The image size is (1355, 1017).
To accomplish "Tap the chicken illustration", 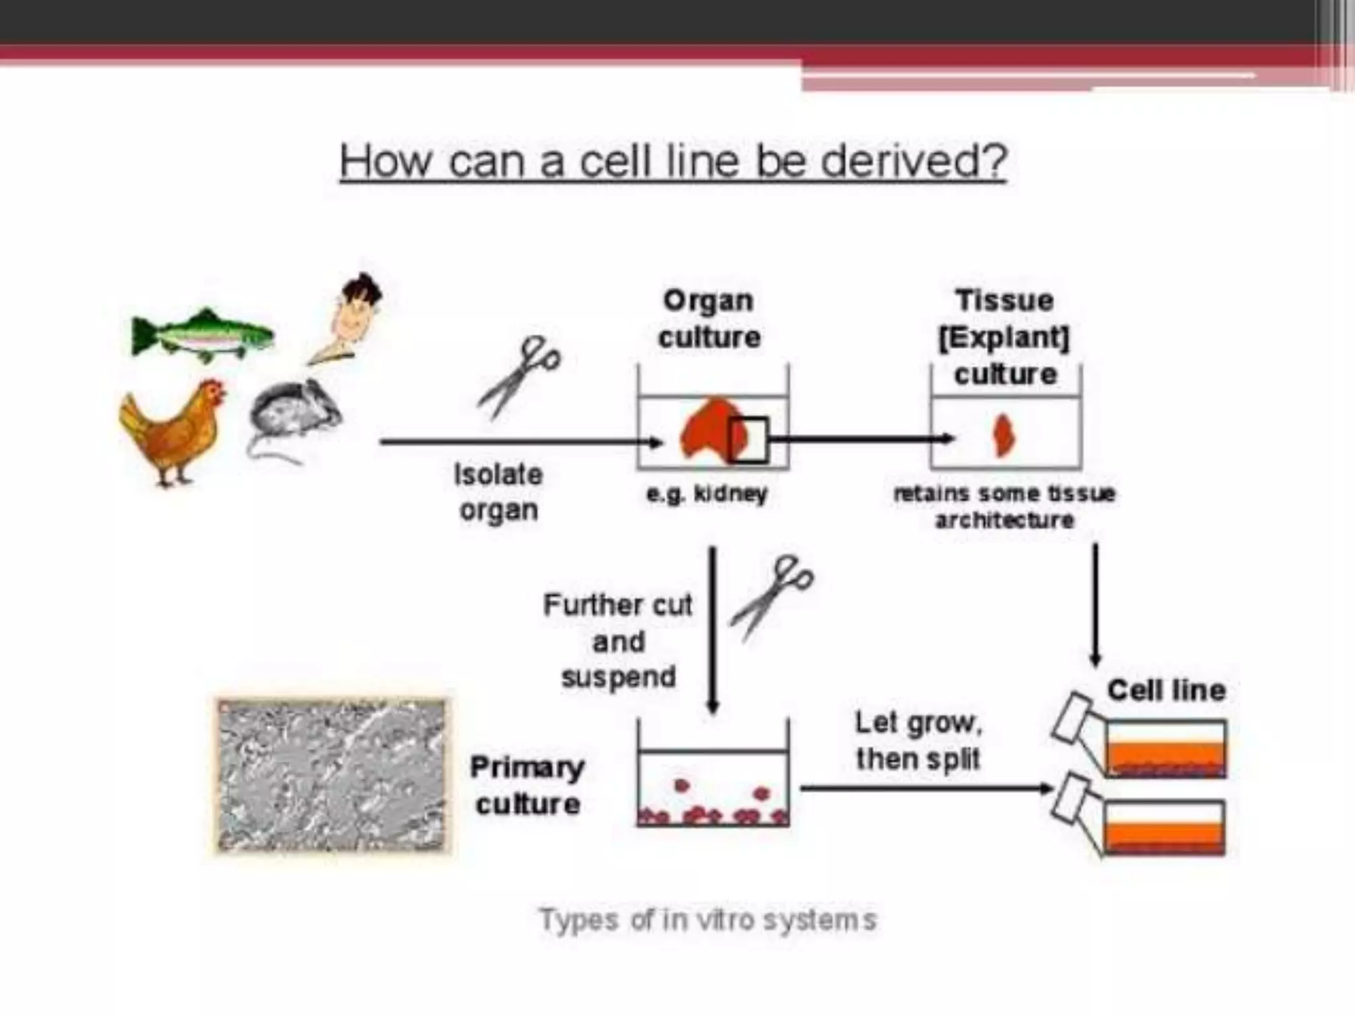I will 173,430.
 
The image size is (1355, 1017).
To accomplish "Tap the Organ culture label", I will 709,319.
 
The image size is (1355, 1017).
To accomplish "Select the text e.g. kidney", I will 707,494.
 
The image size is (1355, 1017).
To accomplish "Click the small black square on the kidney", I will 749,439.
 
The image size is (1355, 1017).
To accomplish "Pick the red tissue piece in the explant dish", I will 1004,435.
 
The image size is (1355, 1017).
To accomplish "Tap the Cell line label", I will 1166,691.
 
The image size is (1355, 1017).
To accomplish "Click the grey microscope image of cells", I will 332,775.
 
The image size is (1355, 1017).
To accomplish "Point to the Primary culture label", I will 527,786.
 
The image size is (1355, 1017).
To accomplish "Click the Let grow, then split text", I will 918,740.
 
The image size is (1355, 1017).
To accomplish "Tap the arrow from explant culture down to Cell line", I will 1095,603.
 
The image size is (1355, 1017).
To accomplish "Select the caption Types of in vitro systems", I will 707,920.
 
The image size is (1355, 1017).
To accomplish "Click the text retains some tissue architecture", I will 1004,507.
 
